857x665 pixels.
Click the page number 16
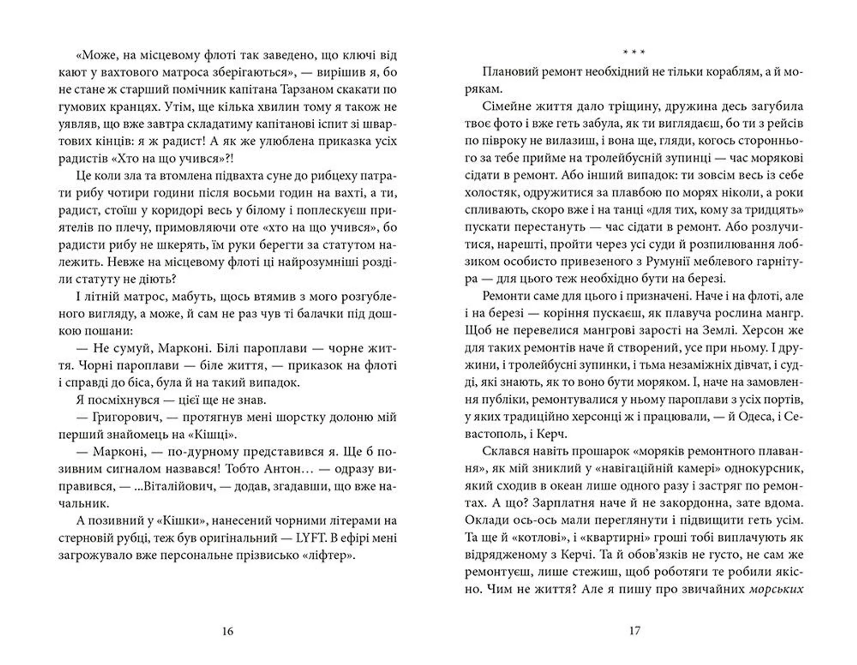point(228,631)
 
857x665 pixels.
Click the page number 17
point(634,631)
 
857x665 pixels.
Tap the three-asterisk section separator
point(634,52)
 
